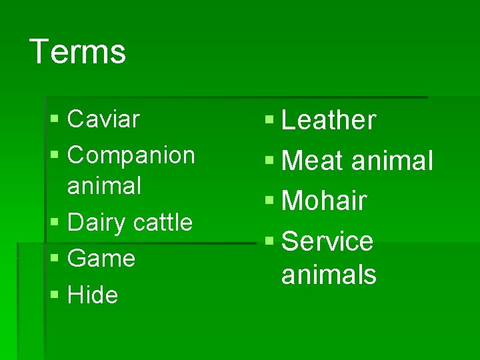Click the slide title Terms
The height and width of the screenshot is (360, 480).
(78, 51)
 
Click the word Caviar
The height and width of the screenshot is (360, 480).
(103, 119)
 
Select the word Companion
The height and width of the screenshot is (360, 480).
(131, 155)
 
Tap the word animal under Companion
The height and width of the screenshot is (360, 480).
(104, 186)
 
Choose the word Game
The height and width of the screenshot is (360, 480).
(101, 259)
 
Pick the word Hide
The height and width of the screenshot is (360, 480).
(93, 295)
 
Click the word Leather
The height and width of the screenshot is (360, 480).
(329, 121)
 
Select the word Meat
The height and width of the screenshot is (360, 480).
(312, 161)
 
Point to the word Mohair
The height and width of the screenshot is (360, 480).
(324, 201)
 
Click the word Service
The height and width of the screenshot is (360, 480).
(327, 241)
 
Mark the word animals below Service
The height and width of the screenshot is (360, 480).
(329, 274)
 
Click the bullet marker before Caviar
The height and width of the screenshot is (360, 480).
(54, 120)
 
